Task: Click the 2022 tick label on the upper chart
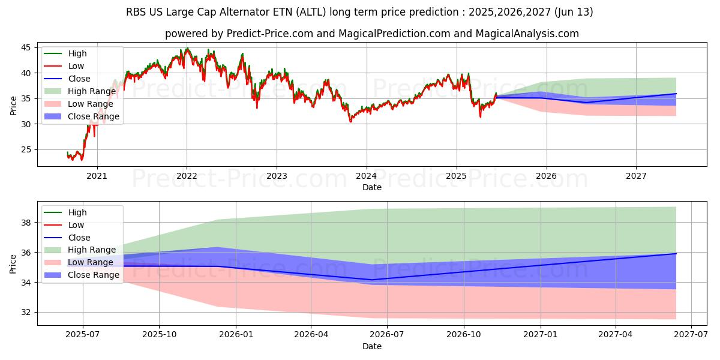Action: [x=187, y=176]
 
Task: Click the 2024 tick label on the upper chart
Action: [x=366, y=176]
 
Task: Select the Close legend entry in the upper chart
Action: [x=79, y=79]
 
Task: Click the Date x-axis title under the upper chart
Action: [x=372, y=187]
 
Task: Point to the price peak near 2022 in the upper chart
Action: [x=187, y=49]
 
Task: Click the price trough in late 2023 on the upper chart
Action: [x=350, y=122]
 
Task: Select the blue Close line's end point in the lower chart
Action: [x=676, y=254]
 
